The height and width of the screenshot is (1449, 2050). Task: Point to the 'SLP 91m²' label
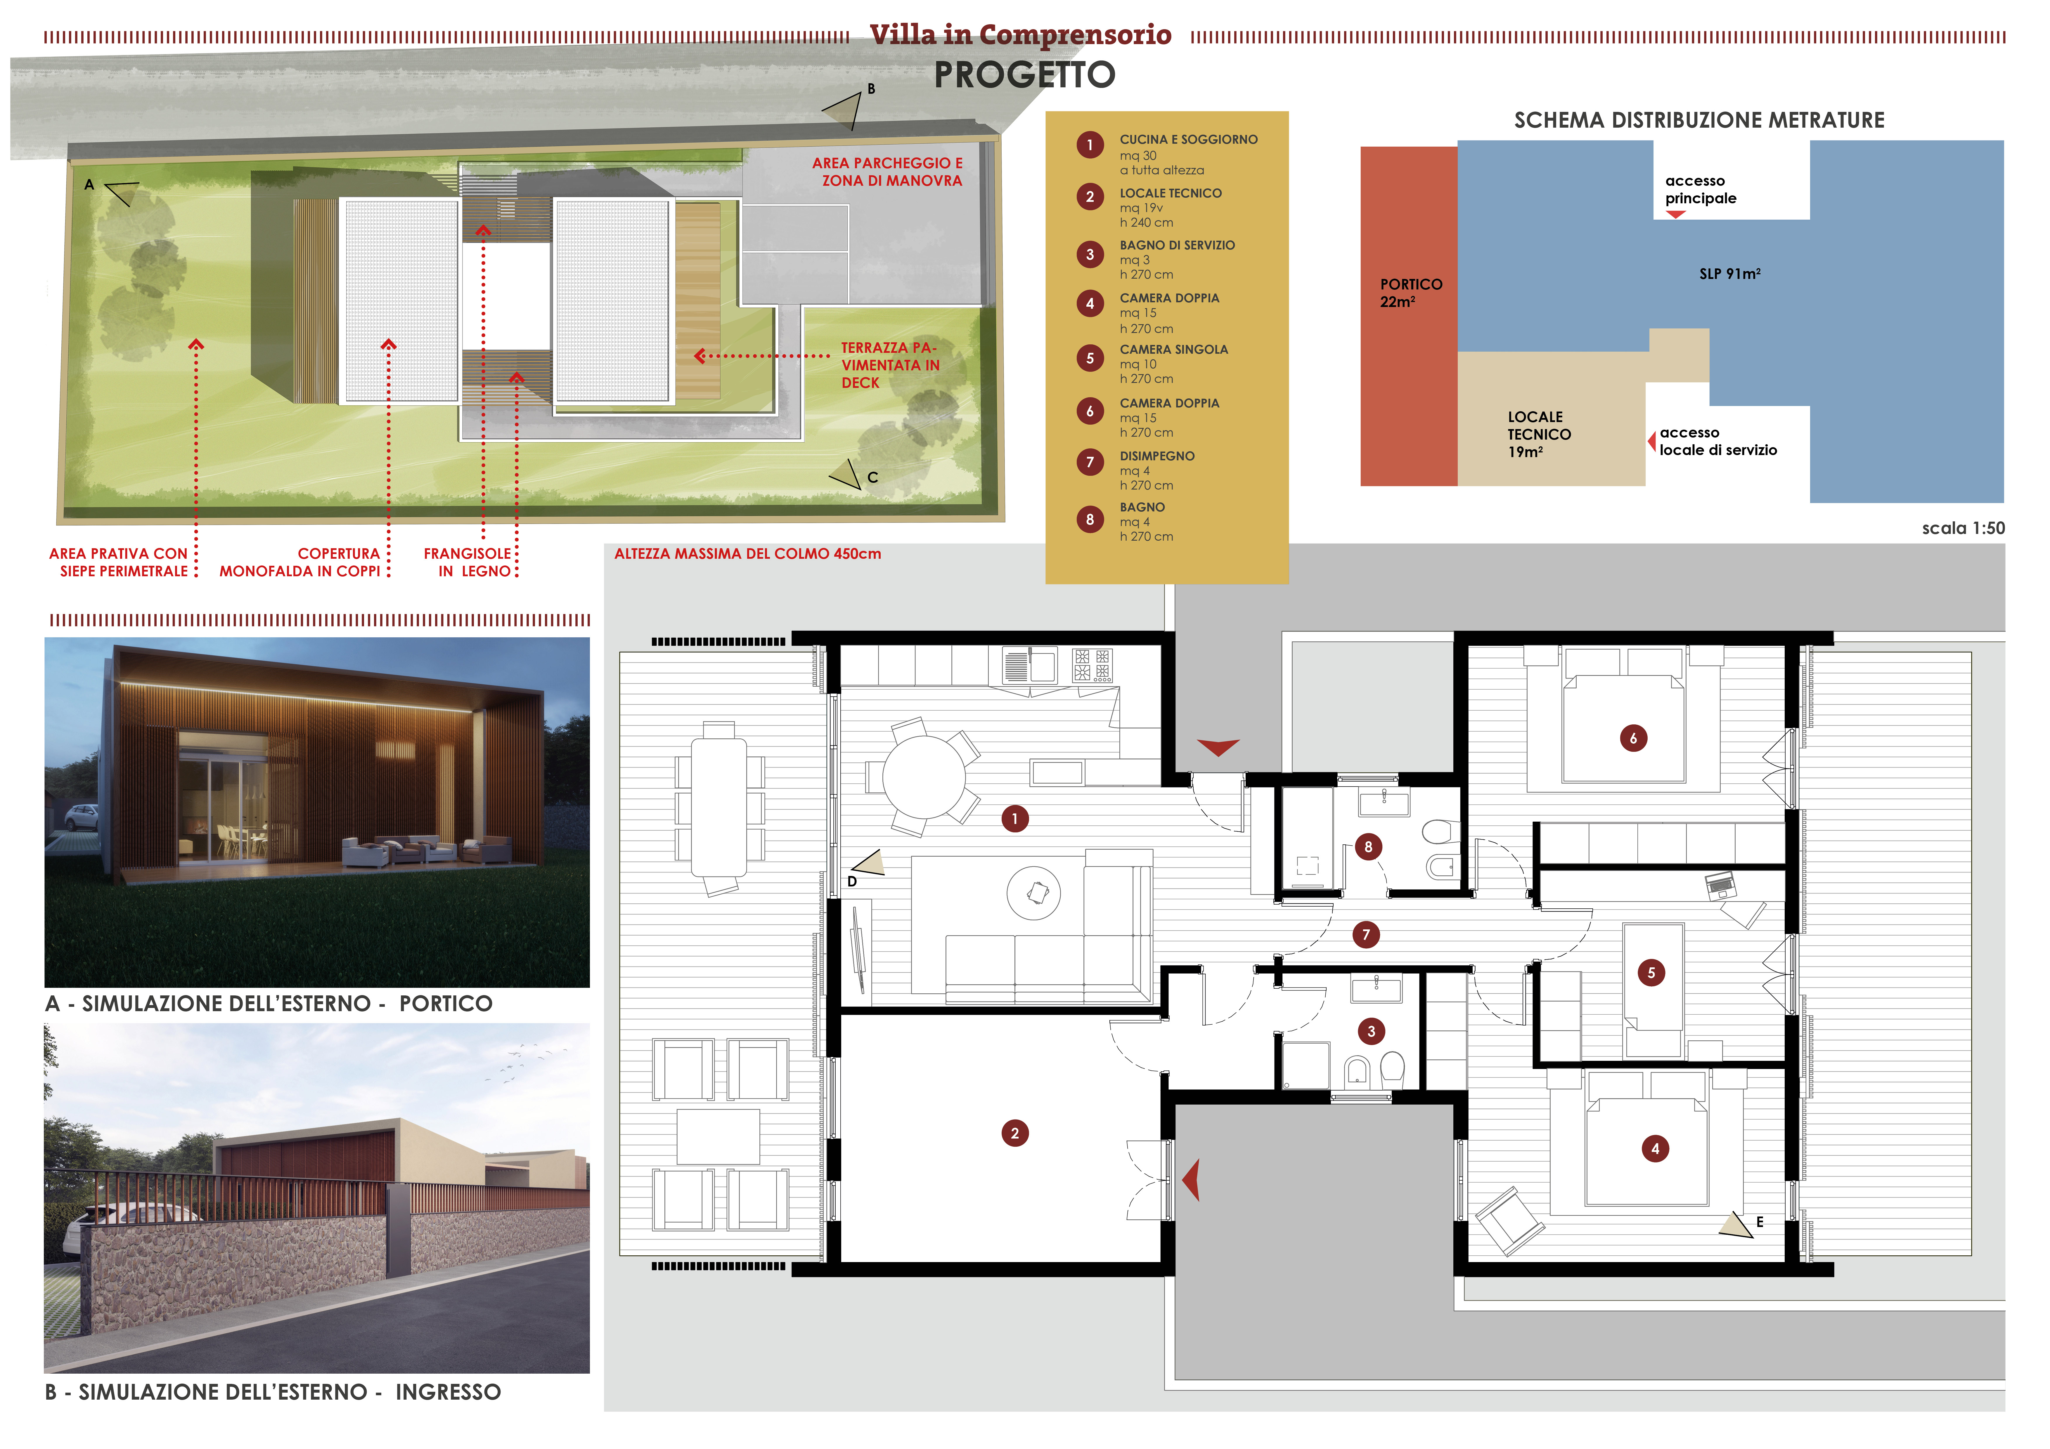pos(1729,274)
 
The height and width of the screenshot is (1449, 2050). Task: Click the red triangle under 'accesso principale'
pos(1675,214)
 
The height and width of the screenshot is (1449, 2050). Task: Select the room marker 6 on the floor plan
pos(1633,738)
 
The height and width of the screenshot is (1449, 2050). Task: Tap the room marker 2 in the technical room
pos(1014,1134)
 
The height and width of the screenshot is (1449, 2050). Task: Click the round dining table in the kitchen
pos(924,777)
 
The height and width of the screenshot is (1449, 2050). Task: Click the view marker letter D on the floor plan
pos(852,881)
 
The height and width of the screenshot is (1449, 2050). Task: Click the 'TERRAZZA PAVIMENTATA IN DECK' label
pos(890,365)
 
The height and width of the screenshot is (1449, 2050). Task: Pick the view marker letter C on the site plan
pos(872,478)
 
